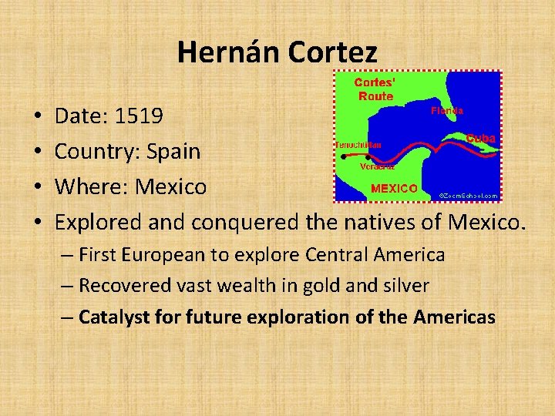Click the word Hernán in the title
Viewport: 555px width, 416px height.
(x=229, y=52)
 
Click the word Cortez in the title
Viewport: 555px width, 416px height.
(x=333, y=52)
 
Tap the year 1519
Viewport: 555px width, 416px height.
(x=139, y=116)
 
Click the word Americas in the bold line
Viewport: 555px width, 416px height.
(x=454, y=317)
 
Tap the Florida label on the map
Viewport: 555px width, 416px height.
(x=446, y=111)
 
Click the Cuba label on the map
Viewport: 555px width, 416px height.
(x=480, y=138)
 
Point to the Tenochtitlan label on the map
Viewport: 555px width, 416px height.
(x=358, y=145)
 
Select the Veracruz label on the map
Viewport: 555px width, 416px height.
(x=378, y=166)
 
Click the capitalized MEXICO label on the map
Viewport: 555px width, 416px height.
(x=394, y=188)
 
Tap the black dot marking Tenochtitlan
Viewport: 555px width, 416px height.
(x=343, y=155)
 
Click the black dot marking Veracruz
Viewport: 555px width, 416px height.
(x=368, y=157)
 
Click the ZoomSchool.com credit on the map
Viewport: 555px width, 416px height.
(x=468, y=196)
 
